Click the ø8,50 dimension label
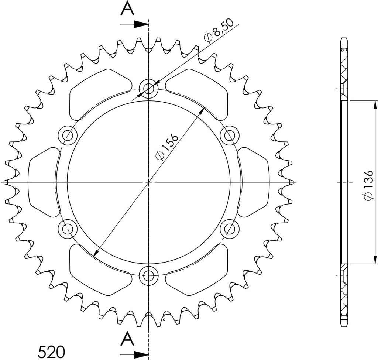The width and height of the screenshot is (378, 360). click(219, 31)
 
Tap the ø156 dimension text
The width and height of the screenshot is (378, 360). click(166, 147)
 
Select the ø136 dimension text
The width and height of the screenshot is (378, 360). click(369, 185)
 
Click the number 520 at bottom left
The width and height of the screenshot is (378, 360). click(51, 352)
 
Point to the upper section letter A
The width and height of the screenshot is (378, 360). click(127, 9)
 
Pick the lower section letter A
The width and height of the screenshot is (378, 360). click(127, 339)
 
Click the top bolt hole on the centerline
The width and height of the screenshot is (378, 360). click(149, 89)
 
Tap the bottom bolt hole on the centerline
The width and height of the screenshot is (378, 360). click(149, 275)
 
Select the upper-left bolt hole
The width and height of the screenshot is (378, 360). click(68, 135)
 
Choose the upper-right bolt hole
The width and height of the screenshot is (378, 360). click(230, 135)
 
